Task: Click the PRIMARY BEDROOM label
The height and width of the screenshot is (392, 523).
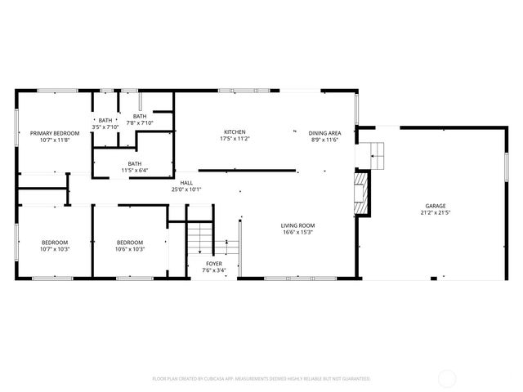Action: coord(55,133)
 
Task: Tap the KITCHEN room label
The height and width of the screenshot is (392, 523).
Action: coord(235,132)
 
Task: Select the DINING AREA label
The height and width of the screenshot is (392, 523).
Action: coord(324,132)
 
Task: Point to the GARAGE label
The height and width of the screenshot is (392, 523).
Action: coord(435,206)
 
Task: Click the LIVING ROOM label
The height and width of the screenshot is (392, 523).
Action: coord(298,225)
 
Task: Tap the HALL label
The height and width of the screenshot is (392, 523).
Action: coord(186,183)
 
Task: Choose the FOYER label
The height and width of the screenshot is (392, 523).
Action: coord(214,264)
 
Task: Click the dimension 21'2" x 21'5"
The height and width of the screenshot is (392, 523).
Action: coord(435,212)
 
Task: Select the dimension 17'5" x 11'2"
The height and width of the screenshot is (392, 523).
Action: coord(235,140)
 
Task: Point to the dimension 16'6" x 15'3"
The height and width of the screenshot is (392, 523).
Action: coord(298,233)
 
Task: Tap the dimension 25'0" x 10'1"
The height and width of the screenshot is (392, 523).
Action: coord(186,189)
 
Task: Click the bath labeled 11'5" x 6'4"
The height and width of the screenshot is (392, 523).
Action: coord(134,167)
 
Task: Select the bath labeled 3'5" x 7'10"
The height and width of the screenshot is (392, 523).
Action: coord(106,123)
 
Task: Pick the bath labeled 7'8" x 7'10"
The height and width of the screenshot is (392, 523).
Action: coord(140,119)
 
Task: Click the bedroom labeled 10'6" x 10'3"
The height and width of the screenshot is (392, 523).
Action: coord(130,245)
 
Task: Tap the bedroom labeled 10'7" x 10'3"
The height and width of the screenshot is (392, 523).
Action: coord(55,245)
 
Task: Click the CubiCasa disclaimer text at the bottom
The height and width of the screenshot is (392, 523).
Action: coord(261,379)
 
